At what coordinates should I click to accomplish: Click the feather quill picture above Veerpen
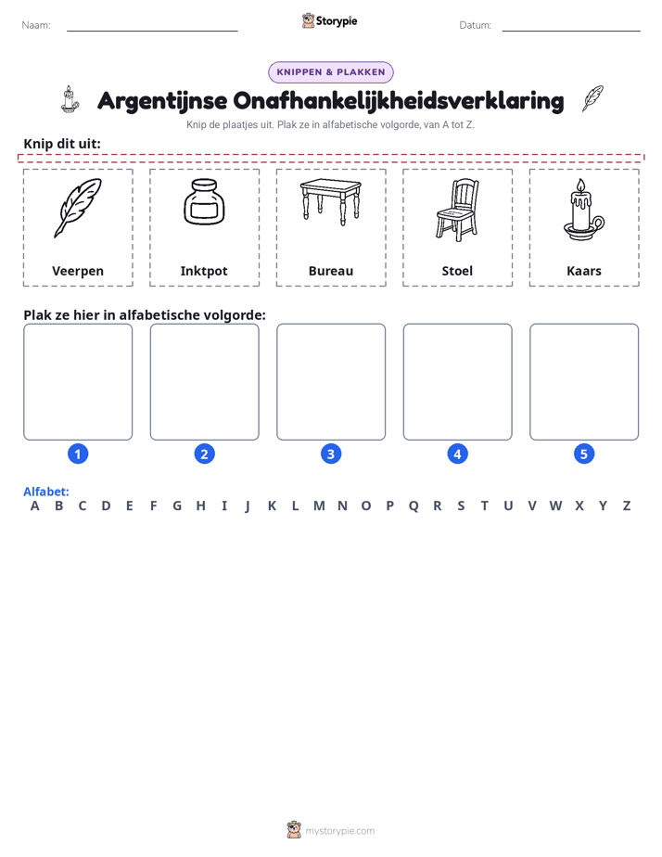click(78, 208)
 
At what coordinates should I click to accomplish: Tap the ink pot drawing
click(204, 201)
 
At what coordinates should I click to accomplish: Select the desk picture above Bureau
click(331, 201)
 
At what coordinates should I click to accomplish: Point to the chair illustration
click(457, 210)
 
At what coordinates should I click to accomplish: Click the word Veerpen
click(78, 271)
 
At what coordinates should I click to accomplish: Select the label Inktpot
click(204, 271)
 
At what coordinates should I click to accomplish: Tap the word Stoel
click(457, 271)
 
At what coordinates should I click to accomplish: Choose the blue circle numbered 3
click(331, 454)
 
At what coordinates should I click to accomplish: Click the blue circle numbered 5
click(584, 454)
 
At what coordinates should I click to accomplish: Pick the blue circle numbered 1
click(78, 454)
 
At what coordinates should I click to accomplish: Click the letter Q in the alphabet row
click(414, 506)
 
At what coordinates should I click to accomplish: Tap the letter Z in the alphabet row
click(627, 506)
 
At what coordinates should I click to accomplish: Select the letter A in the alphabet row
click(35, 506)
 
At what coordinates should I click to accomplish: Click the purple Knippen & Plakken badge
click(331, 72)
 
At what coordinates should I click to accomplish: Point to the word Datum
click(476, 25)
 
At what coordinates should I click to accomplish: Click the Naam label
click(36, 25)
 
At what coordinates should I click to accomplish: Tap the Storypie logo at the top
click(329, 20)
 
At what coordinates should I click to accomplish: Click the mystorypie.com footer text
click(339, 831)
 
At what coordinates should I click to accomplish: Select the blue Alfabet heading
click(45, 492)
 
